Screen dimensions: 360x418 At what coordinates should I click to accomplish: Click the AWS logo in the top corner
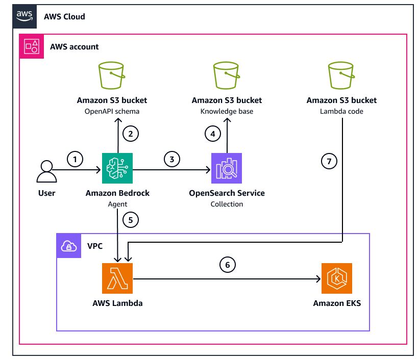[x=24, y=16]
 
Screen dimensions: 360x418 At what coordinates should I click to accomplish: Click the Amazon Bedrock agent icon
[x=117, y=168]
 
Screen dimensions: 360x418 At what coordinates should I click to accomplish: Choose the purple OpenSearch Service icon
[x=227, y=168]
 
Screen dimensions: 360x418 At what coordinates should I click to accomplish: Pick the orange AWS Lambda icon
[x=117, y=278]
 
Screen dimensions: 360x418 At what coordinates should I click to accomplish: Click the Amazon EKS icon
[x=336, y=278]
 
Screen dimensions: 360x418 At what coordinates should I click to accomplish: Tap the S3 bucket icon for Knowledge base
[x=227, y=76]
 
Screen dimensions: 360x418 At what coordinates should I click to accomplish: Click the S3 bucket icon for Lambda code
[x=341, y=76]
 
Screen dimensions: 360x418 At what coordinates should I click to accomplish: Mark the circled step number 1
[x=75, y=160]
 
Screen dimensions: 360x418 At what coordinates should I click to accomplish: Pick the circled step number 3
[x=172, y=160]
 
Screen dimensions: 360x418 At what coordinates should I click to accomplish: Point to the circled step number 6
[x=228, y=265]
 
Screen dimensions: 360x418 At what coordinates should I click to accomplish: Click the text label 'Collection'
[x=227, y=204]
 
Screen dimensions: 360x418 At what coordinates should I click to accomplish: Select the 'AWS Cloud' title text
[x=64, y=17]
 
